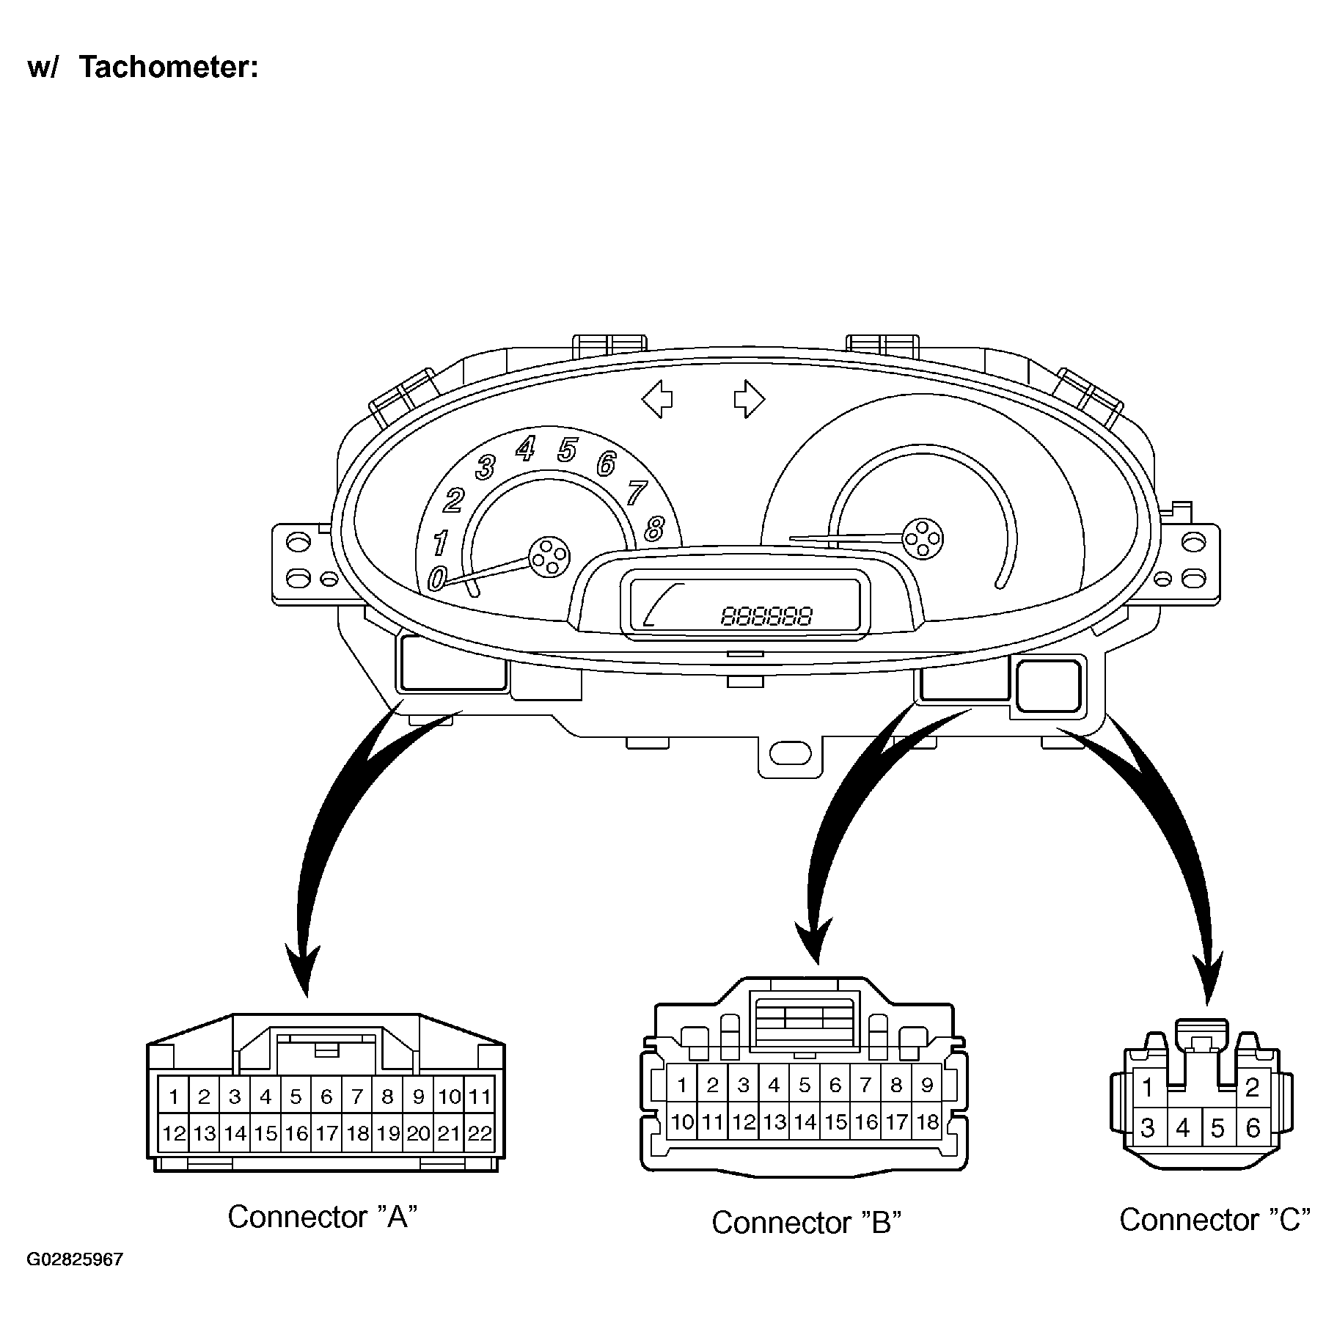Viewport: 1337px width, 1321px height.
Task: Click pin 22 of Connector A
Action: (x=479, y=1133)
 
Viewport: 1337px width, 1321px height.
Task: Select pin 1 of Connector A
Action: (x=174, y=1097)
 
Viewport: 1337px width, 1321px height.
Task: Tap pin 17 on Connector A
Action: (x=326, y=1133)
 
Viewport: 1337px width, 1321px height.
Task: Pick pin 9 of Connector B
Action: (x=926, y=1085)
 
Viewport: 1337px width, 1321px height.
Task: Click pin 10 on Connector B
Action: (x=682, y=1121)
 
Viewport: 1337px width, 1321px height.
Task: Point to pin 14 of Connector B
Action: (x=805, y=1121)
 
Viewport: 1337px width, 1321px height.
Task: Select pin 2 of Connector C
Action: (x=1252, y=1087)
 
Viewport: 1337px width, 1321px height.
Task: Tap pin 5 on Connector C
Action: (x=1217, y=1127)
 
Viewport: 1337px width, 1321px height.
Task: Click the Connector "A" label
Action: (x=323, y=1216)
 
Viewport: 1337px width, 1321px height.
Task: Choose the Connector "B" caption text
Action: (x=806, y=1222)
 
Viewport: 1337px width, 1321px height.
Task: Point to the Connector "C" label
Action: (x=1215, y=1219)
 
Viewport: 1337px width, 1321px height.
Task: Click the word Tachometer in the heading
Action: (x=169, y=67)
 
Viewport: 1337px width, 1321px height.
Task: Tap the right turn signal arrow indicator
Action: (x=749, y=399)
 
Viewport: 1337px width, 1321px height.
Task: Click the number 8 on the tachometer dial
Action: (x=653, y=528)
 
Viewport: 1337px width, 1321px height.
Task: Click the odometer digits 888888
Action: (x=767, y=615)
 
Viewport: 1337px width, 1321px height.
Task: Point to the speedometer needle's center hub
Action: (x=922, y=539)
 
